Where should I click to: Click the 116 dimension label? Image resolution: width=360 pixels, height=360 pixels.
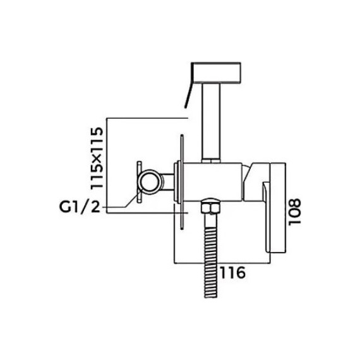(x=233, y=272)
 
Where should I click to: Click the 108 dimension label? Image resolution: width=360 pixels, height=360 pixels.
(x=294, y=212)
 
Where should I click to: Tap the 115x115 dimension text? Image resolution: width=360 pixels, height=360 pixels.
(x=97, y=158)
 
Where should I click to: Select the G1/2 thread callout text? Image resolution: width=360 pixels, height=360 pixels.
(x=80, y=207)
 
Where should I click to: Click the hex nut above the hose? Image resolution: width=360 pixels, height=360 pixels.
(x=211, y=206)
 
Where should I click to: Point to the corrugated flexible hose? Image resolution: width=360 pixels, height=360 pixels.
(x=211, y=256)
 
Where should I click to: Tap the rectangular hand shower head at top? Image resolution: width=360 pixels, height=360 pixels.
(x=217, y=73)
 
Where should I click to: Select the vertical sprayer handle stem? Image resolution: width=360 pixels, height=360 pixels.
(x=211, y=123)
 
